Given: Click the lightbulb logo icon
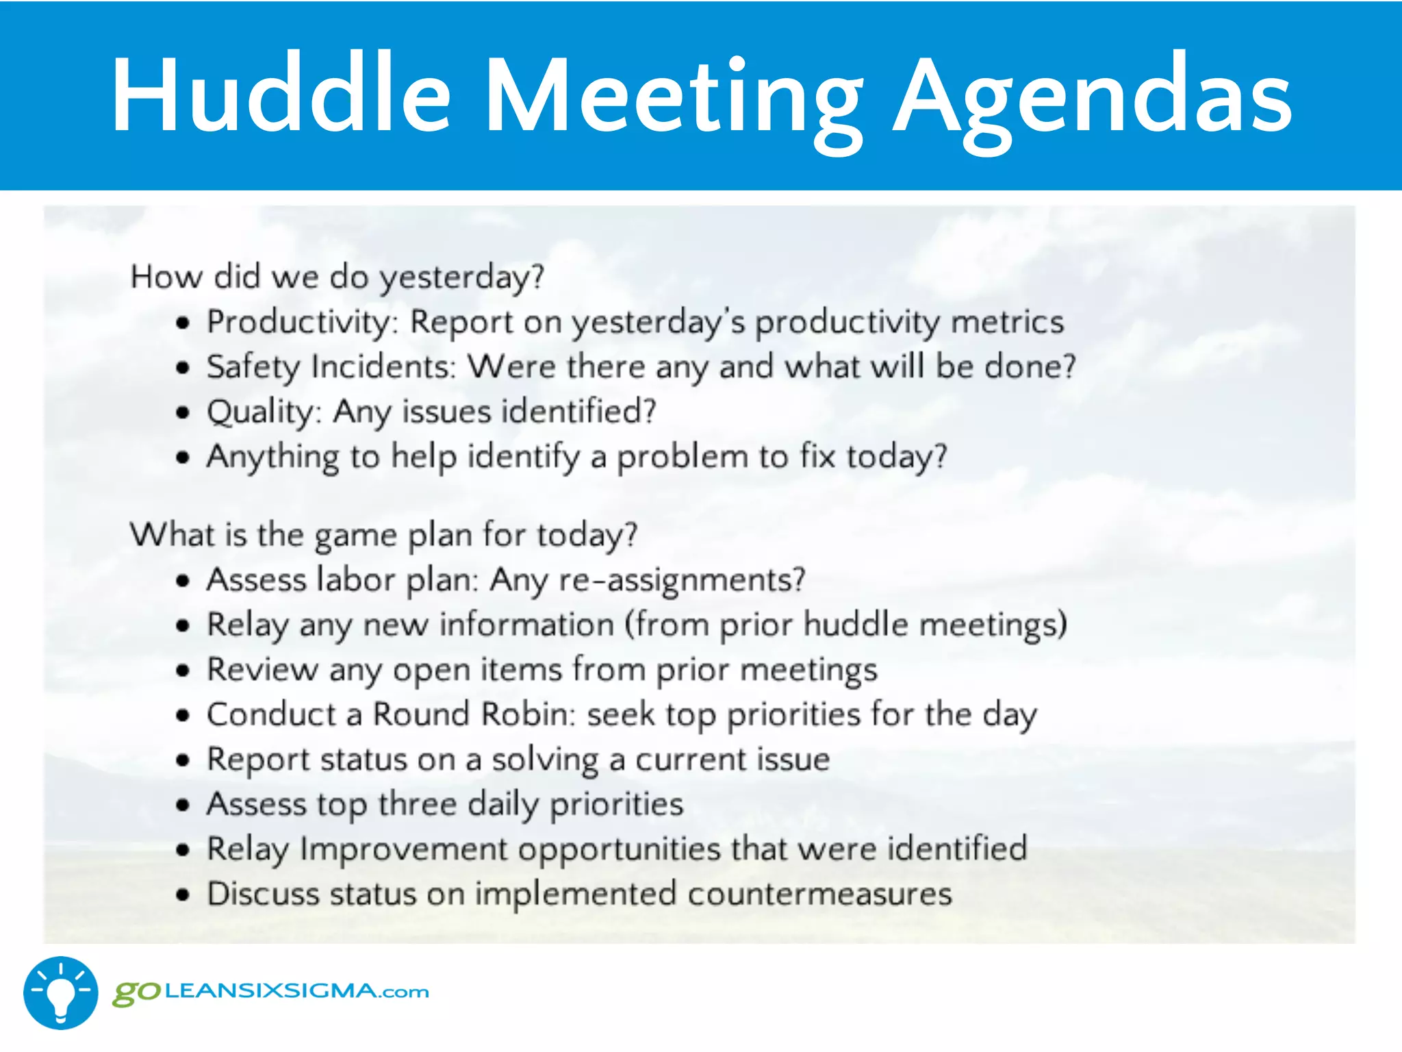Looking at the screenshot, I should (60, 992).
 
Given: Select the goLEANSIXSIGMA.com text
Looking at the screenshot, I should (271, 992).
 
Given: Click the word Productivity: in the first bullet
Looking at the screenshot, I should (302, 322).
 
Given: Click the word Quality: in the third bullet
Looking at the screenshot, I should (264, 412).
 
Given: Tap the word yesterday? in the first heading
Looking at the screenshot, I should (462, 277).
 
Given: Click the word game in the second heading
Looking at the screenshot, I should (355, 535).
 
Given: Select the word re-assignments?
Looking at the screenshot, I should (682, 580).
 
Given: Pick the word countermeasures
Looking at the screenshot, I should (819, 894).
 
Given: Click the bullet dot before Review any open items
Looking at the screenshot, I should (182, 671).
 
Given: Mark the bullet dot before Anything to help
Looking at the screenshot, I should (182, 458).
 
